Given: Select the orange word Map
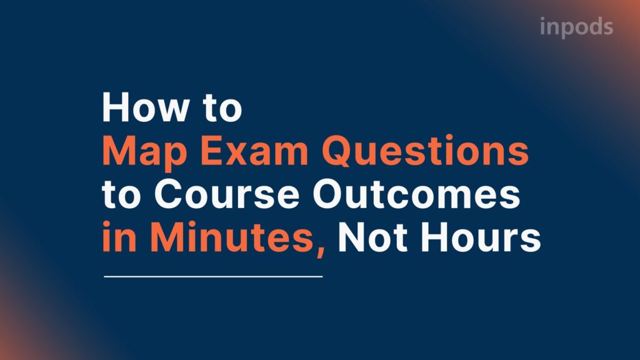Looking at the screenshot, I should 144,153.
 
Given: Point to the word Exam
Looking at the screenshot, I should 249,152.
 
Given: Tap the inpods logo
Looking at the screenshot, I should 576,27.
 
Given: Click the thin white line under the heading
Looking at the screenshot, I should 212,276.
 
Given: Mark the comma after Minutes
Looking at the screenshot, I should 321,249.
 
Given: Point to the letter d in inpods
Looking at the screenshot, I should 592,26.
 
